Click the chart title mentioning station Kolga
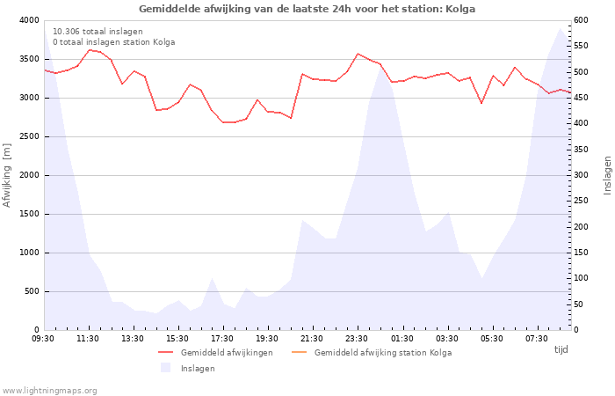pyautogui.click(x=307, y=9)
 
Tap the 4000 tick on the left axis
pyautogui.click(x=28, y=20)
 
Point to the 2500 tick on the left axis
pyautogui.click(x=28, y=136)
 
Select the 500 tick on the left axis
pyautogui.click(x=31, y=291)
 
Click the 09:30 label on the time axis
pyautogui.click(x=43, y=339)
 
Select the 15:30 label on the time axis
pyautogui.click(x=177, y=339)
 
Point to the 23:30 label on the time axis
pyautogui.click(x=357, y=339)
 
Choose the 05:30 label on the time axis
pyautogui.click(x=491, y=339)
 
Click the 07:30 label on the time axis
pyautogui.click(x=536, y=339)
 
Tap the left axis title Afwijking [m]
pyautogui.click(x=7, y=175)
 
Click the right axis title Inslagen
pyautogui.click(x=607, y=175)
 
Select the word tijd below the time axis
pyautogui.click(x=561, y=349)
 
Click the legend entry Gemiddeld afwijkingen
pyautogui.click(x=227, y=353)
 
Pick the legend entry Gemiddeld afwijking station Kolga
pyautogui.click(x=383, y=353)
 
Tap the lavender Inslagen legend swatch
pyautogui.click(x=165, y=368)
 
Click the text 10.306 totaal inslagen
pyautogui.click(x=98, y=32)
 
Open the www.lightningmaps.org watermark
pyautogui.click(x=50, y=391)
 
